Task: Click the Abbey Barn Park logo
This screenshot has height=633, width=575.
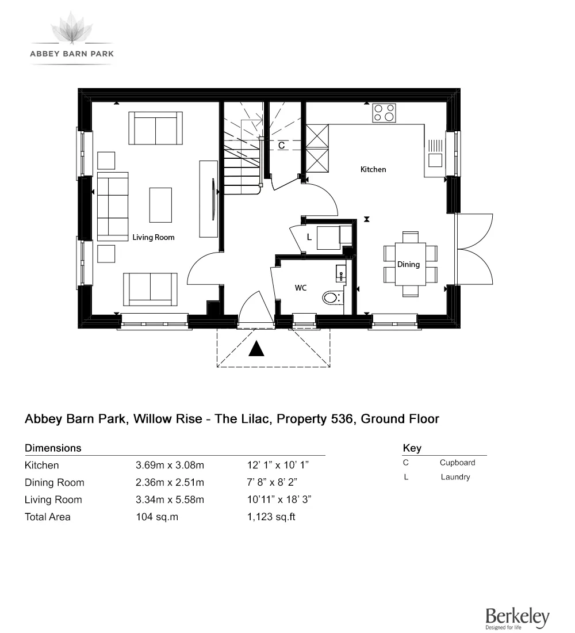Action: (72, 38)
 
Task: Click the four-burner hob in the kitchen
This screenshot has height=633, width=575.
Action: (384, 112)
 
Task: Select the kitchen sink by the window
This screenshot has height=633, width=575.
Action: (434, 159)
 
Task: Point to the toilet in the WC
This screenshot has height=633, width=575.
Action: (331, 298)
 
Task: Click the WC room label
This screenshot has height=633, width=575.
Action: (301, 287)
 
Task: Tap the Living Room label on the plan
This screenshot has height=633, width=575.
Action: (154, 237)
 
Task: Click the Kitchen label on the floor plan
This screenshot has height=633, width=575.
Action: (373, 169)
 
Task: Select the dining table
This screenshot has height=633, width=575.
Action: (411, 264)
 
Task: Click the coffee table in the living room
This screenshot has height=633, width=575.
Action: (160, 204)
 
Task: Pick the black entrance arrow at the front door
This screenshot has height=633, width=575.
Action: (256, 349)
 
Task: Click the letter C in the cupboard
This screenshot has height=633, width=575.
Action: (282, 146)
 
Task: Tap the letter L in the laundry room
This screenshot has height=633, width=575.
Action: (309, 237)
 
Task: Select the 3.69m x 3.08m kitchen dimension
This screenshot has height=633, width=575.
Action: (170, 465)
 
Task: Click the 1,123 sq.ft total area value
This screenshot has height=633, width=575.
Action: (271, 517)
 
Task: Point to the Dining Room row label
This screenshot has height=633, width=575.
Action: (54, 482)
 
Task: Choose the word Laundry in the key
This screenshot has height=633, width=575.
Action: (455, 477)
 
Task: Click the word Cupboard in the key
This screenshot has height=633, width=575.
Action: (457, 463)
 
